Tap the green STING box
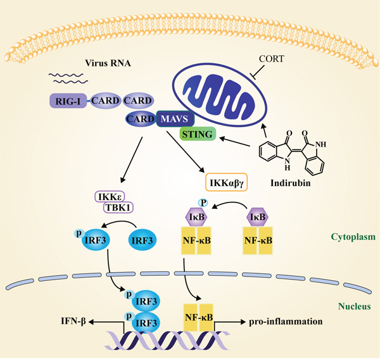198,133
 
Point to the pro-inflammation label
285,321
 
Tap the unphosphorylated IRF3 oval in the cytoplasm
142,240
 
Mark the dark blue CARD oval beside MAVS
140,118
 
